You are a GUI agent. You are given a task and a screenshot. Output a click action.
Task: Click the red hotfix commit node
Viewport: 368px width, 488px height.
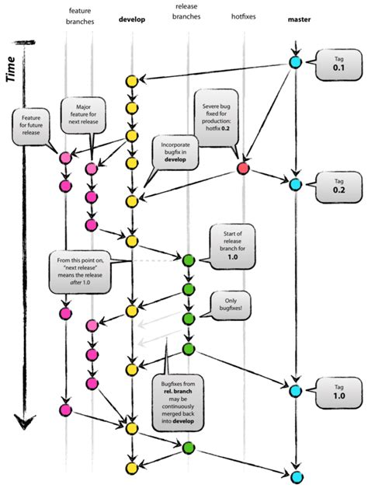[x=243, y=169]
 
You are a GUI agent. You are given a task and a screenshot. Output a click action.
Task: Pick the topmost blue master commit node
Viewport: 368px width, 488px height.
[x=295, y=62]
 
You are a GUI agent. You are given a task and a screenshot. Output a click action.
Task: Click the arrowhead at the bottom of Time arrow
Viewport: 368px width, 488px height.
[x=25, y=421]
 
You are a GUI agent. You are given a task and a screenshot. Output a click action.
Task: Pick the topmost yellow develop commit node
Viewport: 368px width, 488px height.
[x=132, y=80]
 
